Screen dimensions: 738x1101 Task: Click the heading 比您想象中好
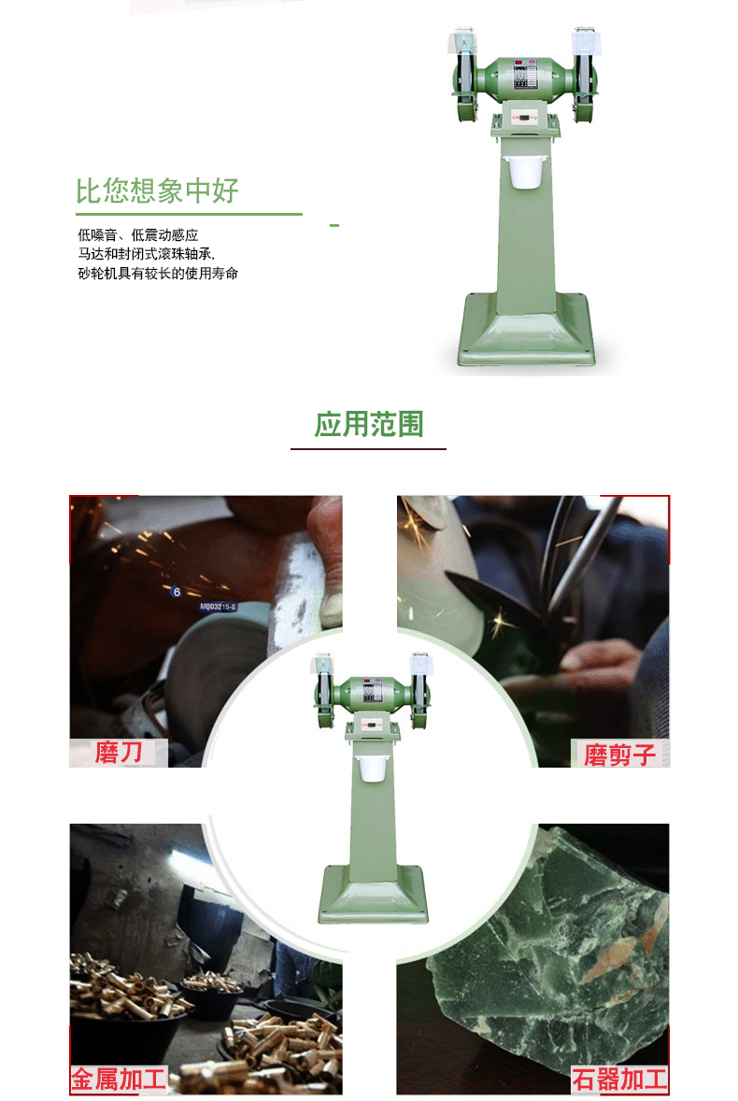pyautogui.click(x=157, y=191)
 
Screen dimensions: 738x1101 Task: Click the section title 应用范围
pyautogui.click(x=369, y=425)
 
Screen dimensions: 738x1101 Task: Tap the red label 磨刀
pyautogui.click(x=119, y=753)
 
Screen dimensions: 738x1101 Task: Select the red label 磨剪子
pyautogui.click(x=620, y=755)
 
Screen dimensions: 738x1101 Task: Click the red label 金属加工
pyautogui.click(x=119, y=1080)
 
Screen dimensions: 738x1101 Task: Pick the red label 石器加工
pyautogui.click(x=619, y=1080)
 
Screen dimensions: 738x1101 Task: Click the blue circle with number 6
pyautogui.click(x=177, y=592)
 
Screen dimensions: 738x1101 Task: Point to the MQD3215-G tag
pyautogui.click(x=218, y=607)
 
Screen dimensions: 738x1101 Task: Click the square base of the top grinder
pyautogui.click(x=527, y=330)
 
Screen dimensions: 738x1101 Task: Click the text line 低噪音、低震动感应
pyautogui.click(x=138, y=234)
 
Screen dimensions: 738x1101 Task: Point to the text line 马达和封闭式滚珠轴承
pyautogui.click(x=146, y=253)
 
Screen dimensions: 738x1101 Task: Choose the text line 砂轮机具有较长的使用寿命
pyautogui.click(x=158, y=273)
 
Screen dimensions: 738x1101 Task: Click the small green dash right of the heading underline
pyautogui.click(x=334, y=225)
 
